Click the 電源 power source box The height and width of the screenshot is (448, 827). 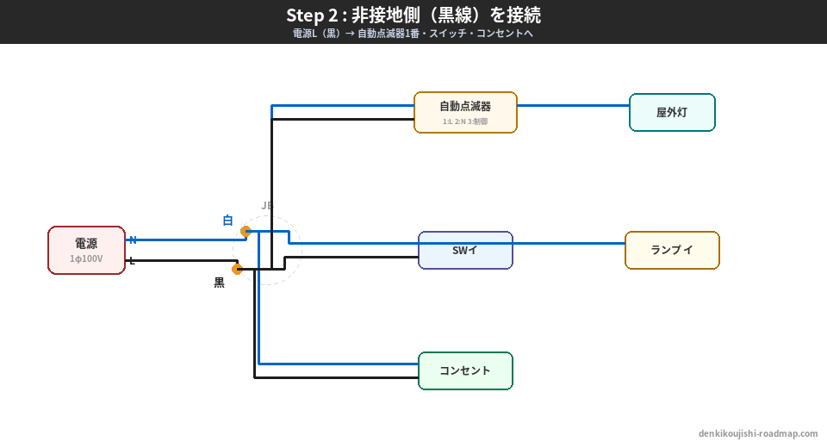(86, 250)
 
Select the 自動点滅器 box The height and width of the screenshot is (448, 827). (465, 112)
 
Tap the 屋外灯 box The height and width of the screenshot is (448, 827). (672, 112)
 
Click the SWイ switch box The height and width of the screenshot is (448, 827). (465, 250)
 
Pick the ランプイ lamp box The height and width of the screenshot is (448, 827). (672, 250)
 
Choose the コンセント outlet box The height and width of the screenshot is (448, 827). (465, 370)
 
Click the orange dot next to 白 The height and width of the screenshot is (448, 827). (246, 231)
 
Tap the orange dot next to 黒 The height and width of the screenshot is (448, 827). (238, 269)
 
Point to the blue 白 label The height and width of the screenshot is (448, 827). (227, 221)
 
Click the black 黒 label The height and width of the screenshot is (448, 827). (220, 283)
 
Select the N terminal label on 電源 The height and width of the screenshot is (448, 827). (133, 240)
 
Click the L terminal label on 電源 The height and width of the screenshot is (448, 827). (132, 261)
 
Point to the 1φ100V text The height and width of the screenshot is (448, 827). (86, 258)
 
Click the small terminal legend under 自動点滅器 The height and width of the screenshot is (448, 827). (465, 121)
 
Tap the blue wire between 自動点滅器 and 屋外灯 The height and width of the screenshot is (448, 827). (573, 106)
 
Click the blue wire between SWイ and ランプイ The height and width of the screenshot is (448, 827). (569, 244)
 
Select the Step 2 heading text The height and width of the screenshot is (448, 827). (413, 16)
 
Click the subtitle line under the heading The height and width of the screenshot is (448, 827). (413, 34)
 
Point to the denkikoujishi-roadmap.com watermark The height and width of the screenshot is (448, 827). (758, 433)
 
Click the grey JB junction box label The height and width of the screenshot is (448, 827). (267, 206)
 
